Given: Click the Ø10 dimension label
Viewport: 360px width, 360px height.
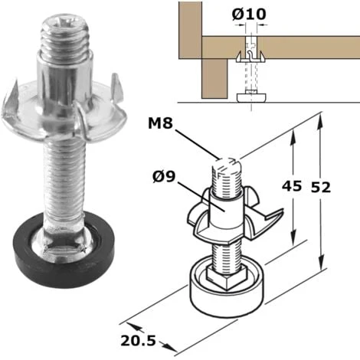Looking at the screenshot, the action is tap(249, 14).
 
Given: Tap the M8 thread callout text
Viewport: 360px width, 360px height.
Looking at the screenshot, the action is tap(160, 123).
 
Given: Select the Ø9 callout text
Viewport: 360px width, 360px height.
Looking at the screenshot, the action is tap(164, 177).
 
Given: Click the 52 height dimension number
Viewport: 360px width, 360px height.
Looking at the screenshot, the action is tap(321, 187).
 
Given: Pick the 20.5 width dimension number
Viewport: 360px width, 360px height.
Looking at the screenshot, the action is tap(138, 340).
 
